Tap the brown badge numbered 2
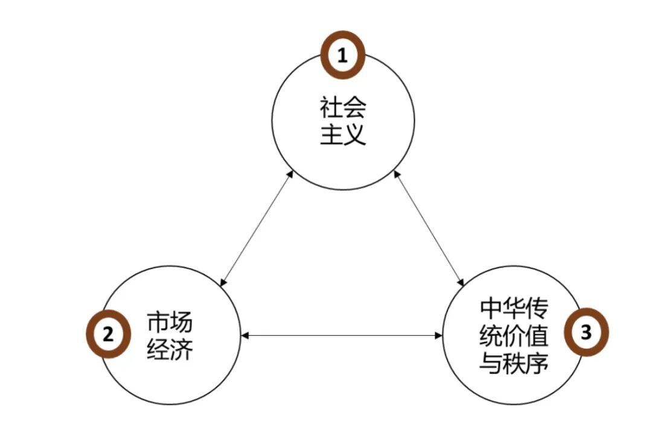coord(108,335)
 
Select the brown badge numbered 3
coord(586,333)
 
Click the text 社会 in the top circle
coord(343,109)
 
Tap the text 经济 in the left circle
coord(170,349)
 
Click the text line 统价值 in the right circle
coord(513,336)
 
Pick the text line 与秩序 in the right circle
coord(513,362)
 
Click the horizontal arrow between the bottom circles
coord(341,335)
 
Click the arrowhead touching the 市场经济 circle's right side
coord(244,335)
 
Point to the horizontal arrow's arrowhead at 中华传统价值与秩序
coord(439,335)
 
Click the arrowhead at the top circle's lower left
coord(290,175)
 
